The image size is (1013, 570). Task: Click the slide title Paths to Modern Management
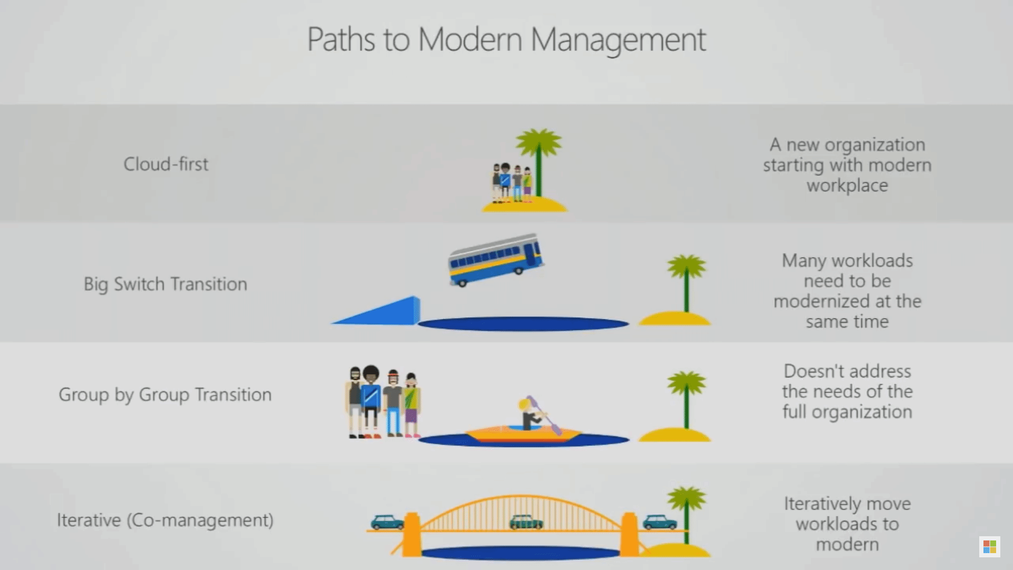click(506, 40)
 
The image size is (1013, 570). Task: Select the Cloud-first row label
click(166, 164)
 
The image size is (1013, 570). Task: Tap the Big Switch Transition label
click(165, 284)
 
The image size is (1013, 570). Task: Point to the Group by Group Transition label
click(165, 395)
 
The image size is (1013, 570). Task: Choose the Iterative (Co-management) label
click(165, 520)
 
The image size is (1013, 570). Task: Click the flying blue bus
click(495, 259)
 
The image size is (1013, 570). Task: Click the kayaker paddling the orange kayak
click(530, 414)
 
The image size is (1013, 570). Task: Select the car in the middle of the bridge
click(526, 521)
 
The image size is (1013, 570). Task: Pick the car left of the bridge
click(387, 522)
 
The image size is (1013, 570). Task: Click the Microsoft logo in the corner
click(990, 547)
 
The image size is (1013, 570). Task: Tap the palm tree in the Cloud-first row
click(538, 158)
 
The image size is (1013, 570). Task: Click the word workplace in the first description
click(847, 186)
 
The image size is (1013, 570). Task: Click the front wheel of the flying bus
click(463, 283)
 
